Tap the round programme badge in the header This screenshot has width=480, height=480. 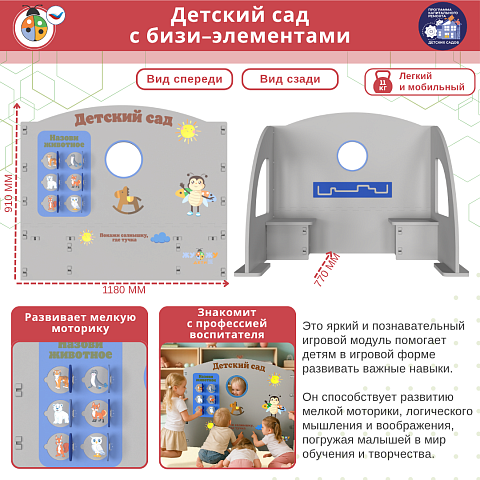pyautogui.click(x=442, y=26)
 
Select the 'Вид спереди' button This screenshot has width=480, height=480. pyautogui.click(x=185, y=80)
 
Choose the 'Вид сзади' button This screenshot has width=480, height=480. pyautogui.click(x=290, y=80)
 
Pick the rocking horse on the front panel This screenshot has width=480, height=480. pyautogui.click(x=127, y=194)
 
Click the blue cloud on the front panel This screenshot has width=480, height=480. pyautogui.click(x=160, y=237)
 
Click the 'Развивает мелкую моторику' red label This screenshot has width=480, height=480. pyautogui.click(x=80, y=320)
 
